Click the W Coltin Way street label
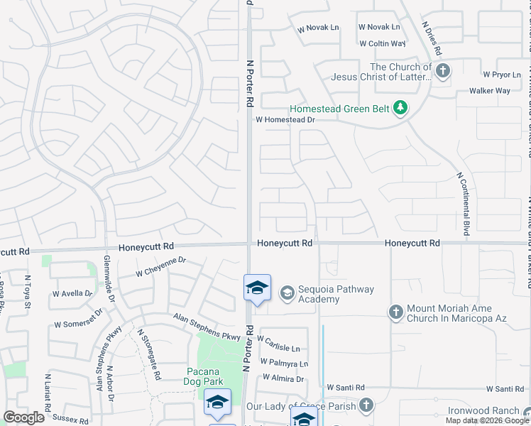pos(381,43)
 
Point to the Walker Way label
pos(490,91)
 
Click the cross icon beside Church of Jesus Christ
pos(444,70)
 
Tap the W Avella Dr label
pos(72,293)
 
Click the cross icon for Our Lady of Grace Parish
pos(366,405)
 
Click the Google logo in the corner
pos(23,417)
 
